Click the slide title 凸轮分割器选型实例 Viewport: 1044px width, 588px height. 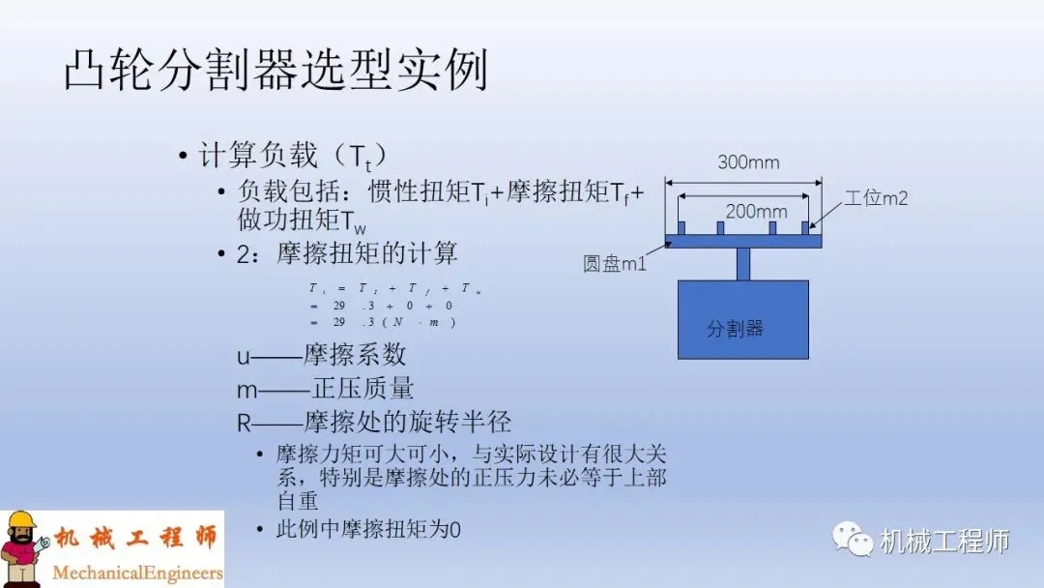275,71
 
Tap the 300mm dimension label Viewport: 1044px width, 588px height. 747,162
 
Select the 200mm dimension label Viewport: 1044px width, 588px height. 756,211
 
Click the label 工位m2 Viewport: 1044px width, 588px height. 876,198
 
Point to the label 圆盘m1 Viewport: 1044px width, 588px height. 615,263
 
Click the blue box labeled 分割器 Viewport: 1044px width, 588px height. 742,319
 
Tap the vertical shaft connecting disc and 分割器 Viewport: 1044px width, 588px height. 742,264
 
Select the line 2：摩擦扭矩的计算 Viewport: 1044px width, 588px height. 348,254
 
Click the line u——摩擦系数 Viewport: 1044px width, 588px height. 322,355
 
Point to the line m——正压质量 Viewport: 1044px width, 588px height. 326,389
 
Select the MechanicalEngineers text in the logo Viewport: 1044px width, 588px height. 137,573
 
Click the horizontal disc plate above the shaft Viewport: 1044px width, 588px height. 742,241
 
